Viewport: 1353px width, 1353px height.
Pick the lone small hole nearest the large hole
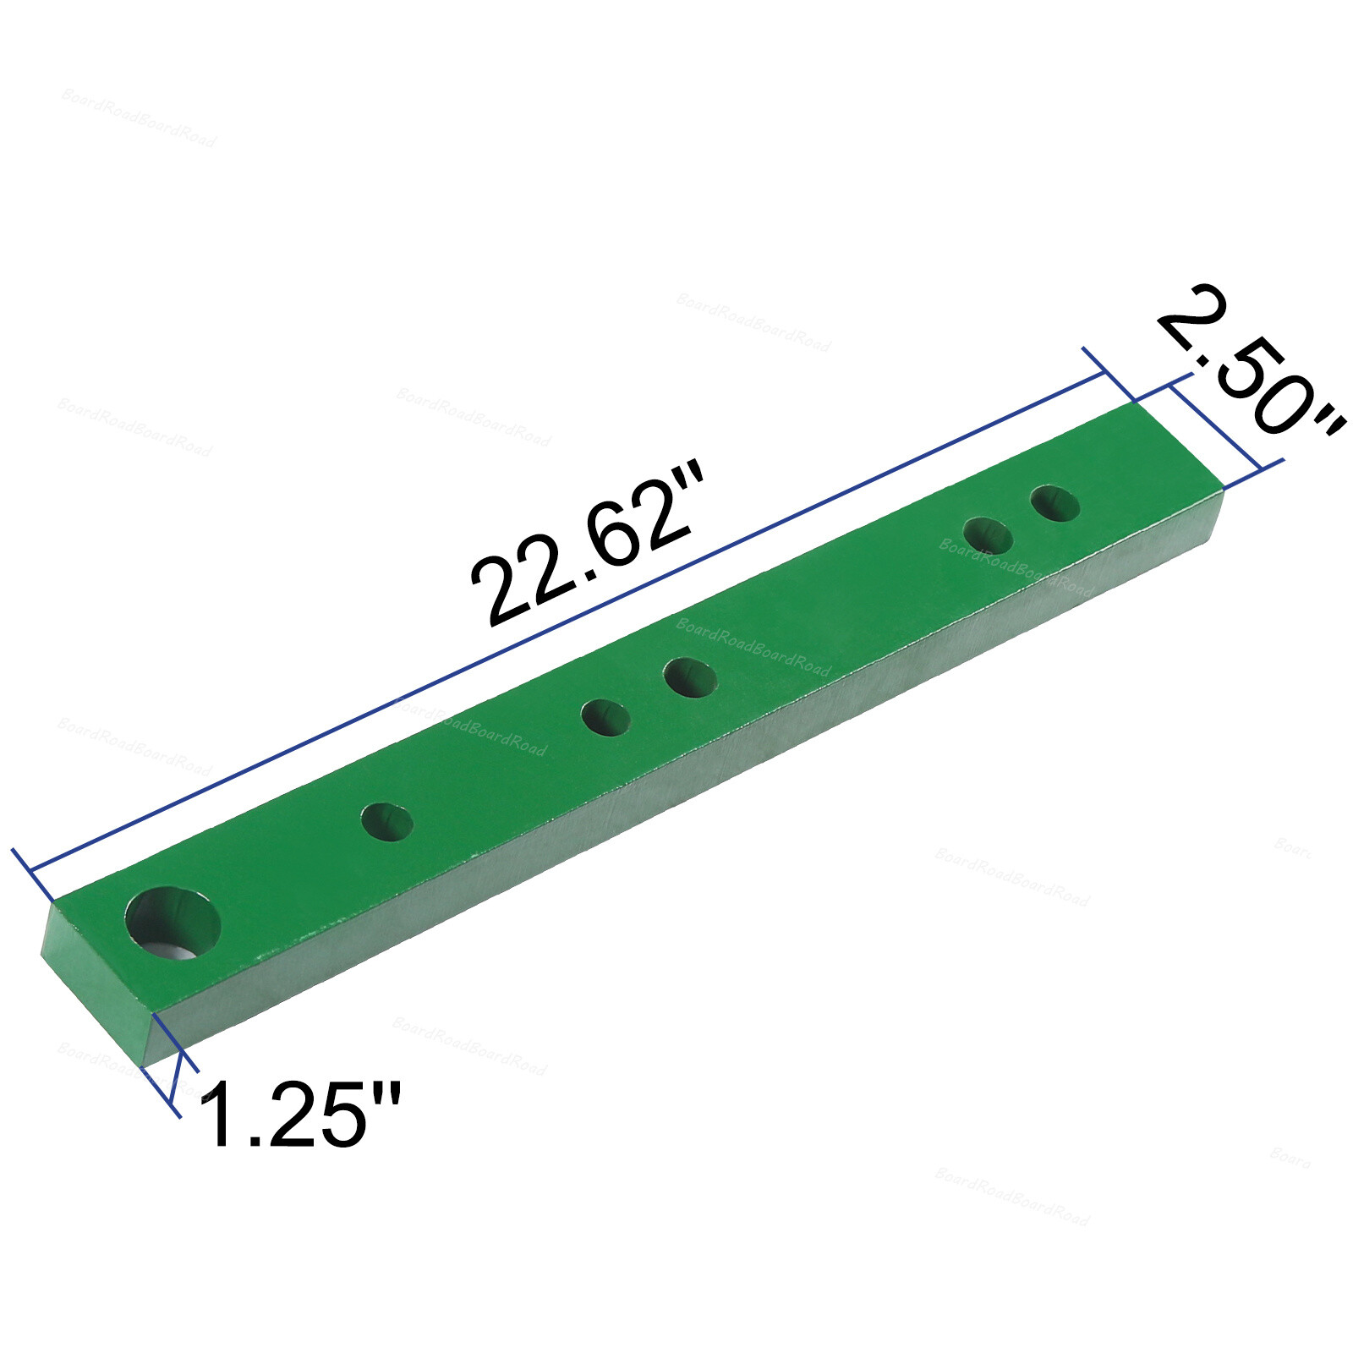point(387,822)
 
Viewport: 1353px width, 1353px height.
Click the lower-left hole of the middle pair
point(606,718)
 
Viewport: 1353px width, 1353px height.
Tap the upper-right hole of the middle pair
point(690,677)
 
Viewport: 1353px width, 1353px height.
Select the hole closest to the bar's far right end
point(1055,503)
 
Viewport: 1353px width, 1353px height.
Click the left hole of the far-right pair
point(988,535)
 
